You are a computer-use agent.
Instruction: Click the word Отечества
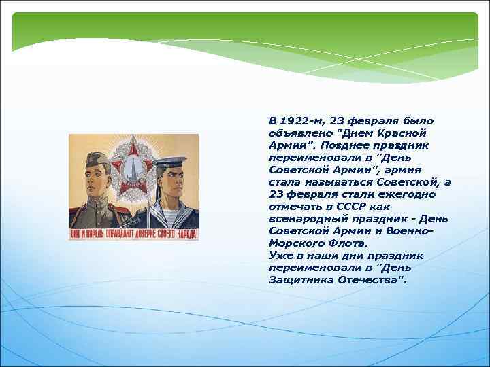coord(371,279)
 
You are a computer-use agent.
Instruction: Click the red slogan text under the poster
coord(133,234)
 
